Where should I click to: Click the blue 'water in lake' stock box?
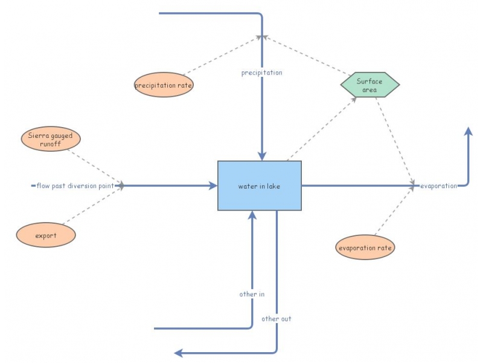pos(260,186)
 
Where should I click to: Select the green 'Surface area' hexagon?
pos(369,85)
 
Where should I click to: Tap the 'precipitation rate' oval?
pos(164,85)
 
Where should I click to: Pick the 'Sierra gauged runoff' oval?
pos(51,140)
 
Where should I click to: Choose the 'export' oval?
pos(46,235)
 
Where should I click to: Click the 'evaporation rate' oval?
pos(365,248)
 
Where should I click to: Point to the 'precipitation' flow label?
pos(261,73)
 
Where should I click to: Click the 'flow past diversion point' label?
pos(75,186)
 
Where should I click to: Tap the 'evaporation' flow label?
pos(438,186)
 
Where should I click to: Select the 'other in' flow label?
pos(252,294)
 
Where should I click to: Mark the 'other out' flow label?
pos(277,318)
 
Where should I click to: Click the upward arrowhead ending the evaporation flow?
pos(468,132)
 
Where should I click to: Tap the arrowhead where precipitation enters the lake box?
pos(262,157)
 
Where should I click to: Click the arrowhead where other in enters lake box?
pos(252,215)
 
